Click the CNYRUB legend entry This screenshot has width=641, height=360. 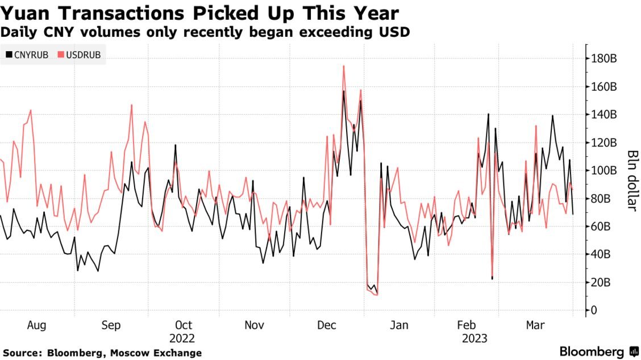[x=27, y=55]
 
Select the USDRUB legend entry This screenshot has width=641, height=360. [x=80, y=55]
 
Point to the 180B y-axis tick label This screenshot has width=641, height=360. [x=604, y=59]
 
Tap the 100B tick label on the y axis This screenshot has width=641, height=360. [x=604, y=170]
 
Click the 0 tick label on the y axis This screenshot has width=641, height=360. [x=594, y=311]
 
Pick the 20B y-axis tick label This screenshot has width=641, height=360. [x=601, y=282]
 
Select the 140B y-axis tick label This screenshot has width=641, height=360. [x=604, y=115]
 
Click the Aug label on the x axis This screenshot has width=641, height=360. [x=36, y=325]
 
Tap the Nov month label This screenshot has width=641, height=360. [x=254, y=325]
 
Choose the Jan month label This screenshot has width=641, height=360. [x=398, y=325]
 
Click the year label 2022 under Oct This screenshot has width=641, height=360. [x=182, y=338]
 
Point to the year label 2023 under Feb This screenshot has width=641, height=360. [x=474, y=338]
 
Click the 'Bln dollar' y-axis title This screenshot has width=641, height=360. [x=632, y=180]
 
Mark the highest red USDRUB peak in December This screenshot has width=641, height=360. [x=344, y=66]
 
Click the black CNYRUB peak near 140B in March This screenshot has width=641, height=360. [x=553, y=116]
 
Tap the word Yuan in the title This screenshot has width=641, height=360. [x=26, y=13]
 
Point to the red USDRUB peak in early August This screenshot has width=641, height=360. [x=31, y=110]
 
